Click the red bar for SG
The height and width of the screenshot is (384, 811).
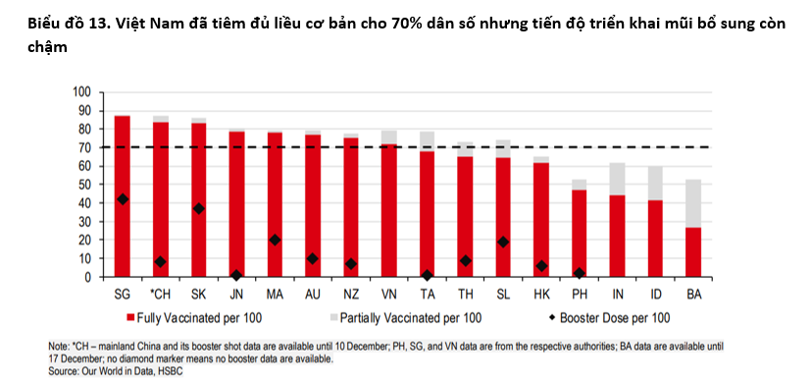tap(123, 196)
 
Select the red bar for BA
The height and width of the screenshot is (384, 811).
tap(694, 251)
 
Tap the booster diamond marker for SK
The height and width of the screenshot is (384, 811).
tap(199, 208)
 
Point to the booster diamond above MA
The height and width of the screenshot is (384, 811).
tap(275, 240)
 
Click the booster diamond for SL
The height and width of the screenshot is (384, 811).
tap(504, 242)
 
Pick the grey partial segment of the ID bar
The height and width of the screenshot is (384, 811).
tap(656, 183)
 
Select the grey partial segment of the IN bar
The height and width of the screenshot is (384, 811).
tap(618, 179)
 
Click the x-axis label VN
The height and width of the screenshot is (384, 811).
tap(389, 294)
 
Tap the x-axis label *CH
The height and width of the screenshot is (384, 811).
tap(160, 294)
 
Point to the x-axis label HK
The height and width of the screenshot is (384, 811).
tap(541, 294)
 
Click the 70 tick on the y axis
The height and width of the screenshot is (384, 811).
tap(82, 147)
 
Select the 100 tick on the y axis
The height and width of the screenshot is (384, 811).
tap(80, 92)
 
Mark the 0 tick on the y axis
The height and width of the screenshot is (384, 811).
tap(86, 277)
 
